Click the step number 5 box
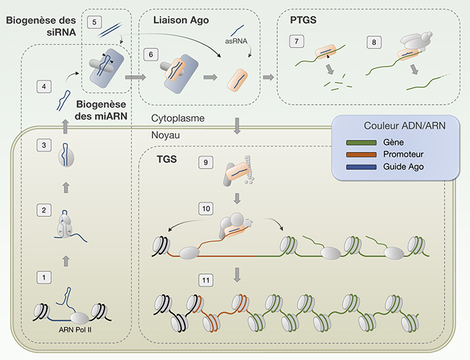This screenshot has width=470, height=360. pos(95,22)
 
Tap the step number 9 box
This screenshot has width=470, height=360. pos(205,162)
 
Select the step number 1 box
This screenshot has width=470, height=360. pos(44,277)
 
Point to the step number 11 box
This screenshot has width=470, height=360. pos(206,280)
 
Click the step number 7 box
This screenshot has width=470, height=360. pos(297,41)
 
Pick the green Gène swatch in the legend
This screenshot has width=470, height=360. pos(361,142)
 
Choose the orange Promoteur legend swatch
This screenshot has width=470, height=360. pos(361,154)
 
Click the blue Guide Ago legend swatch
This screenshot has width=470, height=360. pos(361,167)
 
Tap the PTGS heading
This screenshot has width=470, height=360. pos(303,19)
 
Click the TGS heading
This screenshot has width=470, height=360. pos(167,159)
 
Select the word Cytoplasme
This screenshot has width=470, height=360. pos(178,118)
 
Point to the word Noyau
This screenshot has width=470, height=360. pos(165,135)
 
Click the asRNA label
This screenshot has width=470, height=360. pos(236,41)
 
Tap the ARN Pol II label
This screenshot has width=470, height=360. pos(75,330)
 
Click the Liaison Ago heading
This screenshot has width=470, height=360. pos(181,20)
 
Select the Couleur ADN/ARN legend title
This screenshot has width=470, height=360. pos(405,126)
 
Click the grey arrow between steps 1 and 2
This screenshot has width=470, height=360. pos(66,261)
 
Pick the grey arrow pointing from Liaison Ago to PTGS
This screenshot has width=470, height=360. pos(269,77)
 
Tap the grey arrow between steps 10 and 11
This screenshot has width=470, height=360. pos(237,275)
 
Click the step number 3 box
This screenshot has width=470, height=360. pos(44,145)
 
